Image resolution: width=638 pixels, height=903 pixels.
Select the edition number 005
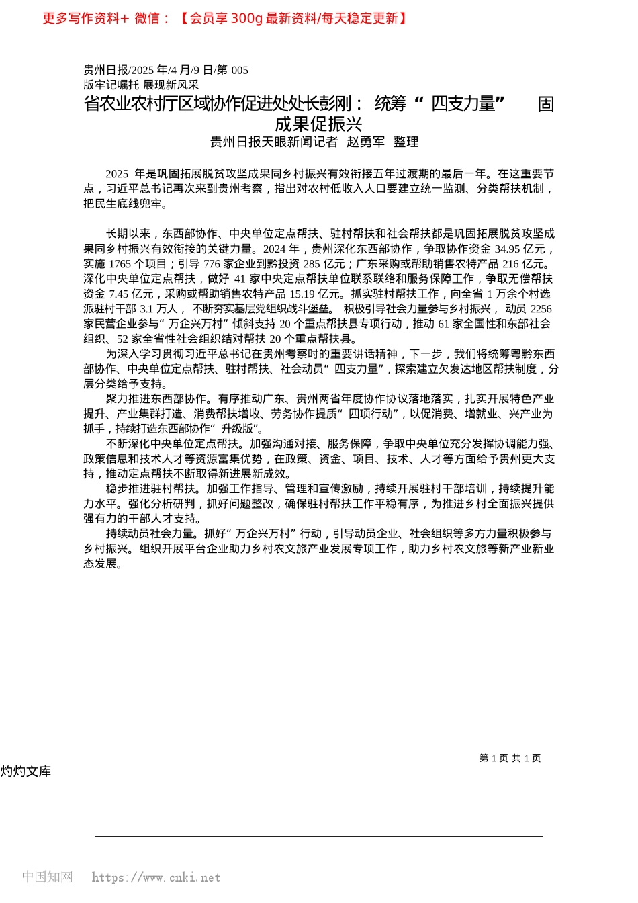(x=240, y=70)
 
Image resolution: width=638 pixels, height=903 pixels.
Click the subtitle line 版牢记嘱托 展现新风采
(x=141, y=85)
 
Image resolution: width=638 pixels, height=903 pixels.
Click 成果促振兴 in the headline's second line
(x=318, y=124)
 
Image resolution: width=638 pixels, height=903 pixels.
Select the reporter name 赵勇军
(x=365, y=142)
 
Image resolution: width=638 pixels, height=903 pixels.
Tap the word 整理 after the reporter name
(x=406, y=142)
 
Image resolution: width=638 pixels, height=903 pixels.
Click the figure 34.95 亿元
(x=520, y=249)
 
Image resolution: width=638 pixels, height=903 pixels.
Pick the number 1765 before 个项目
(x=120, y=264)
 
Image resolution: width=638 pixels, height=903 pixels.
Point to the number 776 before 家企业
(x=212, y=264)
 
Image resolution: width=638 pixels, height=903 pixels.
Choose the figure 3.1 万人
(x=158, y=309)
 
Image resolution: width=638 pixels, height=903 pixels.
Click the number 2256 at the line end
(x=541, y=309)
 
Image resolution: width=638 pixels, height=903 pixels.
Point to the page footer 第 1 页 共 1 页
(x=510, y=758)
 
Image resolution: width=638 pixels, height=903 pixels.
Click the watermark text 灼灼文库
(x=26, y=771)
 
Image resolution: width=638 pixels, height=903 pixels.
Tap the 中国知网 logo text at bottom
(x=47, y=877)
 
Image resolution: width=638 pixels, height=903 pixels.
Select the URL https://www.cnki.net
(x=156, y=877)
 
